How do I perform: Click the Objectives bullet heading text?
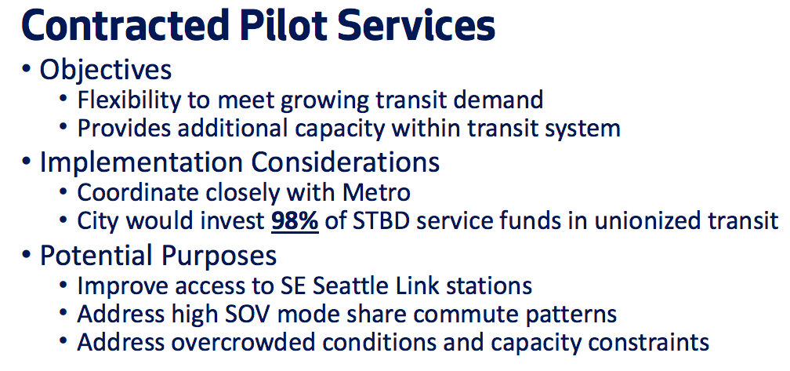click(106, 70)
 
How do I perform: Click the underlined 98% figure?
click(295, 222)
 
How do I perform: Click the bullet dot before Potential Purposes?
click(26, 256)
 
